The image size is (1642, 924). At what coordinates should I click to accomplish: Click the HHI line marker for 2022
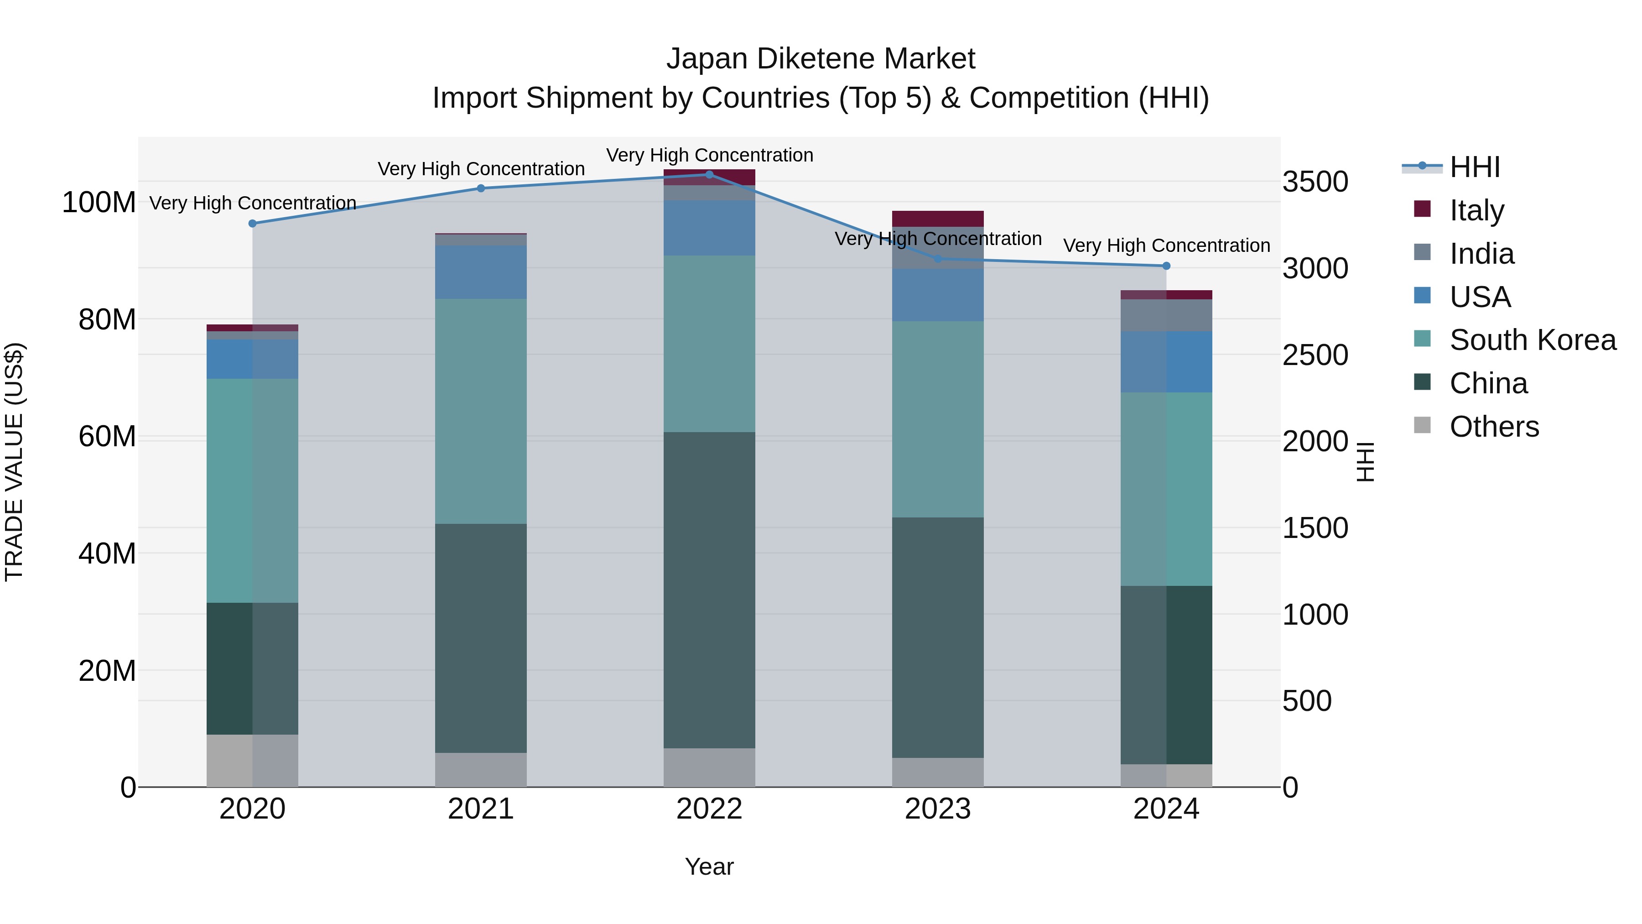coord(709,175)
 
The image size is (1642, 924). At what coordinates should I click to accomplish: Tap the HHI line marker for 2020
coord(252,223)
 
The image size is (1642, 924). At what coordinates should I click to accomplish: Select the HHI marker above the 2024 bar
coord(1166,266)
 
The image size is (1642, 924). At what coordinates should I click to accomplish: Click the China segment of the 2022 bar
coord(709,590)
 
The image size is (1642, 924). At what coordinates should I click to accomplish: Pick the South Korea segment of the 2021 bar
coord(481,411)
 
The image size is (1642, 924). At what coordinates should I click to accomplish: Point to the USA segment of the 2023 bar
coord(938,295)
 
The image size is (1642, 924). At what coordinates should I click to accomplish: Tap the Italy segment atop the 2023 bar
coord(938,218)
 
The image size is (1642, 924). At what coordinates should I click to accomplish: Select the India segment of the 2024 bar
coord(1166,315)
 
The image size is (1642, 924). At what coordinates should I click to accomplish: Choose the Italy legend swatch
coord(1422,209)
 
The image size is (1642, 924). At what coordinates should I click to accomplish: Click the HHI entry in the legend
coord(1474,167)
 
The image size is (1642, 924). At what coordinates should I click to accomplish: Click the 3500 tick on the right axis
coord(1315,182)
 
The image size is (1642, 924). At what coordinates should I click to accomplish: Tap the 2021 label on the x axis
coord(481,809)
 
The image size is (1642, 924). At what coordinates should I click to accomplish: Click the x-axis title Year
coord(709,867)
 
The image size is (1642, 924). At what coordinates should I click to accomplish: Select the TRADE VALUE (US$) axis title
coord(14,462)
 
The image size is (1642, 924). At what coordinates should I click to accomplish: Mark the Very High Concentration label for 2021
coord(481,169)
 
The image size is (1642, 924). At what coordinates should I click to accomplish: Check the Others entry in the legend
coord(1494,427)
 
